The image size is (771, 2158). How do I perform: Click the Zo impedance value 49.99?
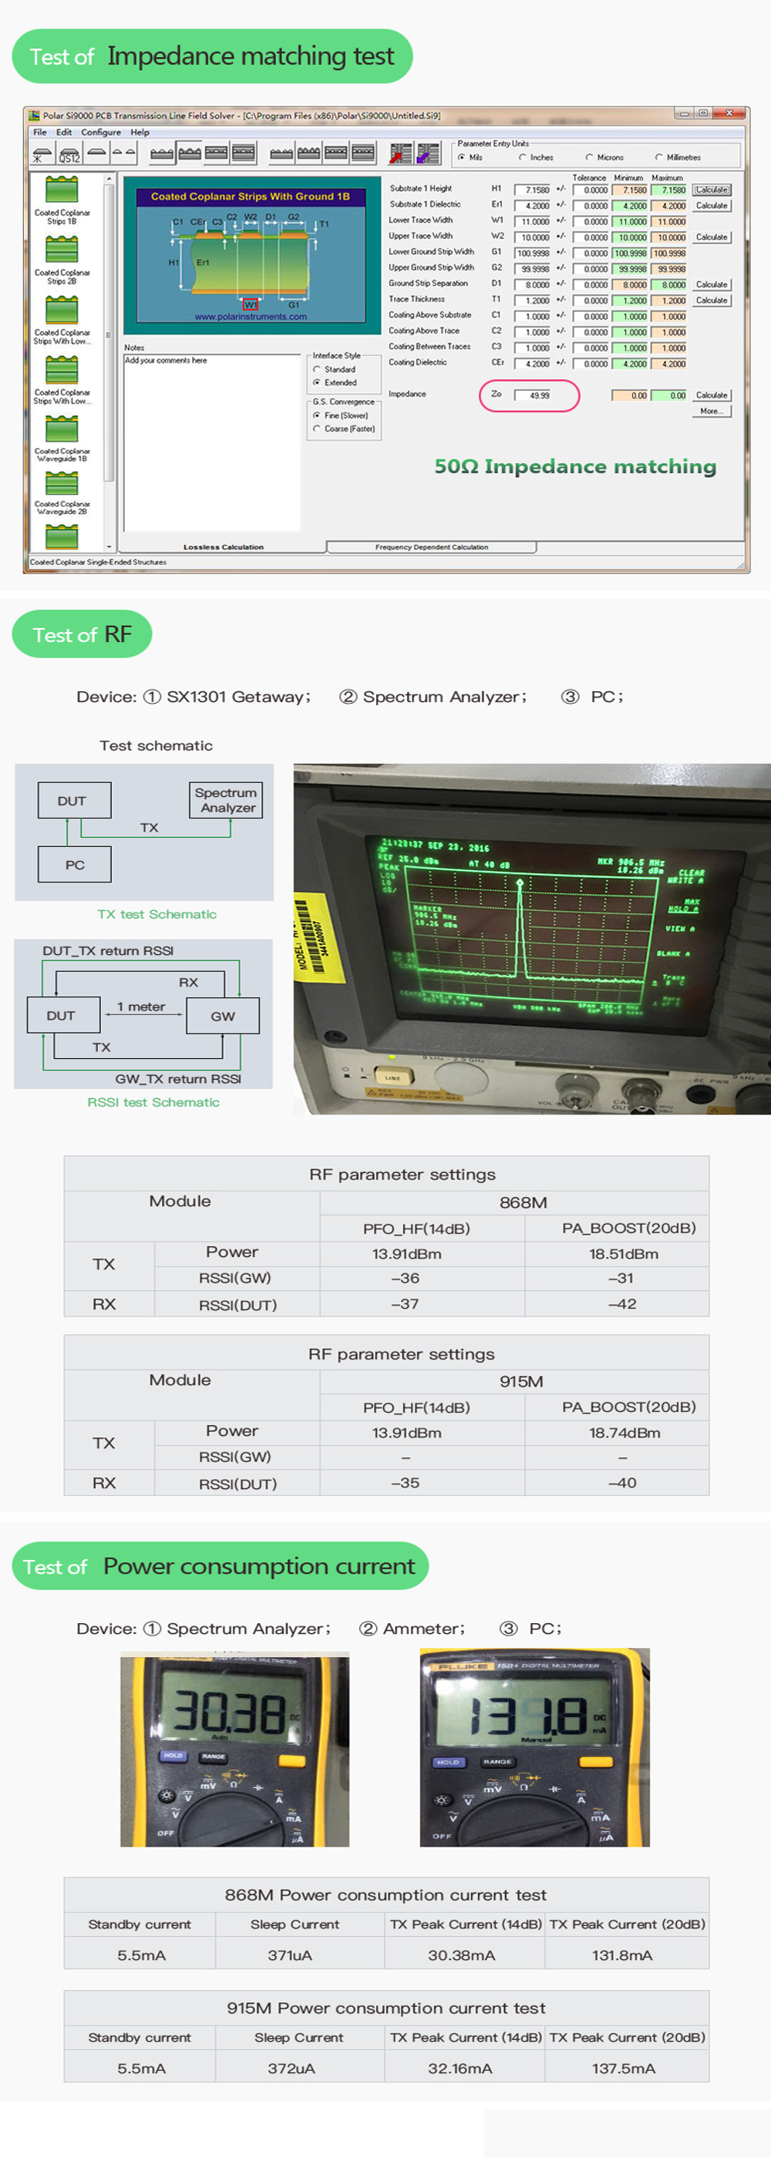(x=533, y=395)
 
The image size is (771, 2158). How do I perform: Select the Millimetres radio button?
(x=659, y=157)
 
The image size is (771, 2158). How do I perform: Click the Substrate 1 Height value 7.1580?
(x=532, y=190)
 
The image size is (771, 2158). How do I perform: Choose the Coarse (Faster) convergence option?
(x=318, y=429)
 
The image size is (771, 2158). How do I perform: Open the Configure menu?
(x=100, y=133)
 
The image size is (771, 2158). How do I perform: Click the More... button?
(x=712, y=412)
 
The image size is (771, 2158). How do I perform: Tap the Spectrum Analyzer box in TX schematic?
(x=225, y=800)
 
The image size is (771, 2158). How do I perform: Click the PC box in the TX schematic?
(x=75, y=865)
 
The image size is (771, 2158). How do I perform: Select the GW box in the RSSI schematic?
(x=222, y=1015)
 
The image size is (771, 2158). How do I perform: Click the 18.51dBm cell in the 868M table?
(x=623, y=1254)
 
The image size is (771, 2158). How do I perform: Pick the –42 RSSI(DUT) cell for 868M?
(x=622, y=1303)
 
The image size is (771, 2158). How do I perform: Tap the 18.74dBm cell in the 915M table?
(x=624, y=1433)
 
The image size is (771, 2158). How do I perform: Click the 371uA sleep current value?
(x=290, y=1955)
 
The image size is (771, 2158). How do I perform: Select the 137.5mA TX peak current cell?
(x=624, y=2068)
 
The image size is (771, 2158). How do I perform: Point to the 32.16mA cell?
(x=460, y=2068)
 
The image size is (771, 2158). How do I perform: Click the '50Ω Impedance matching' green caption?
(x=575, y=466)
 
